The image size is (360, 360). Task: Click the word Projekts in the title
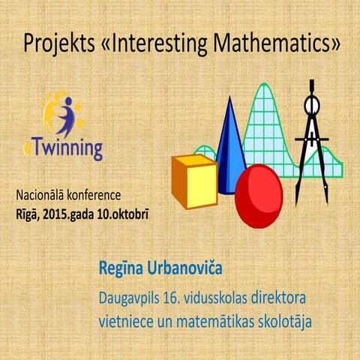coord(58,43)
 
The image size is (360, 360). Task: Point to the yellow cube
coord(193,181)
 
